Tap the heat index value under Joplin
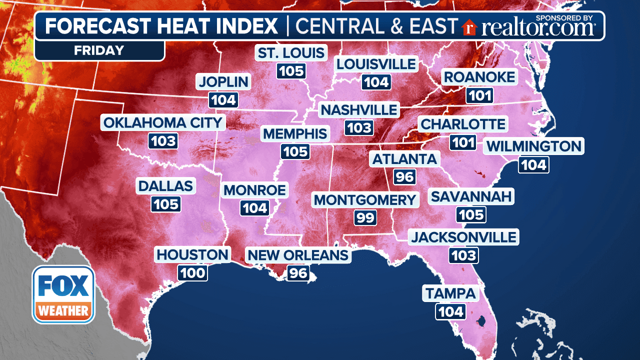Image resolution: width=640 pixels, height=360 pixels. [223, 100]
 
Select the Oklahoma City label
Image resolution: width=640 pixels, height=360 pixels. [163, 122]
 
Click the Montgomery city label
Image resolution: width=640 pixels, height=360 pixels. [365, 200]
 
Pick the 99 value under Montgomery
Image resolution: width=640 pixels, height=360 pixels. [364, 217]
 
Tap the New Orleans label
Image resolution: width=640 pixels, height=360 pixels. [298, 255]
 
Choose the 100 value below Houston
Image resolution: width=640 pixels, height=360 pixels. [192, 272]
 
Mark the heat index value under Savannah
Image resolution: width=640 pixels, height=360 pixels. [471, 214]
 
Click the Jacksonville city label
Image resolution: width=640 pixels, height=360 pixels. [463, 236]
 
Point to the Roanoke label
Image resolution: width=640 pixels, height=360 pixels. [479, 77]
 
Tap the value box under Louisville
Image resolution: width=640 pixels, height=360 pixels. [376, 82]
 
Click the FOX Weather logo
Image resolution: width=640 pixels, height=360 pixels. [63, 294]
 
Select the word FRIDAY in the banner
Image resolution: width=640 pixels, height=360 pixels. [99, 50]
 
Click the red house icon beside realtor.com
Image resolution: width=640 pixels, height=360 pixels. [469, 27]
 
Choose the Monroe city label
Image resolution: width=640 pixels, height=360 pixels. [255, 190]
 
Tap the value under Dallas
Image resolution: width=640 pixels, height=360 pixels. [165, 204]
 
